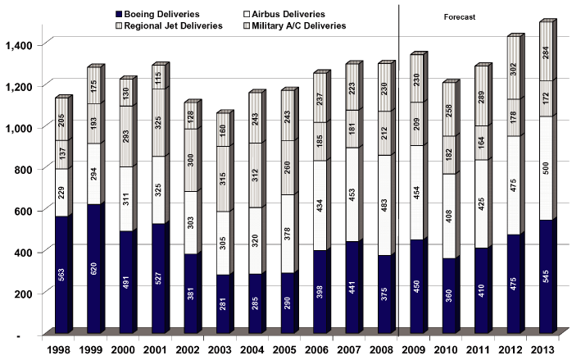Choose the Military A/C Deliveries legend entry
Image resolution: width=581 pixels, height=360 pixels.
click(297, 25)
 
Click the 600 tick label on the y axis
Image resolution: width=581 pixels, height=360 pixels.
click(25, 210)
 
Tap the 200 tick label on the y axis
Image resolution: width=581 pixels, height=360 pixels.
click(25, 293)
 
